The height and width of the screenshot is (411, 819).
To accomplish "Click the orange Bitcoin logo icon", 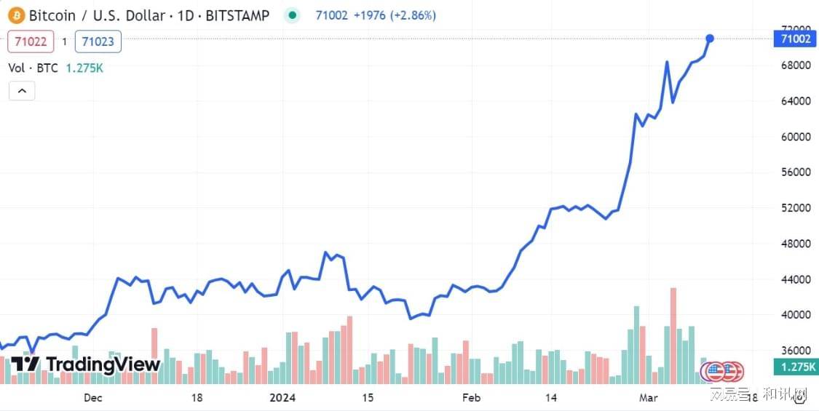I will tap(15, 15).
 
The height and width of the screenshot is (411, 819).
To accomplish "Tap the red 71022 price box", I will tap(31, 41).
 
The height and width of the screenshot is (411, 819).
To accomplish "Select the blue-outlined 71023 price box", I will tap(98, 41).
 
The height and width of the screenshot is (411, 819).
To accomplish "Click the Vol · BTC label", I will tap(33, 68).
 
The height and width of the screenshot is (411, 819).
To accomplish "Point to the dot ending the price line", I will tap(710, 38).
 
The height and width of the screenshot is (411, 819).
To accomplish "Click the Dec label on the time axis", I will tap(92, 397).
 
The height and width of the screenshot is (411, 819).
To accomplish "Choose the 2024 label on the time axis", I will tap(282, 397).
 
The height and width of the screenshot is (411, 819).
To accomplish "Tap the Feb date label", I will tap(471, 397).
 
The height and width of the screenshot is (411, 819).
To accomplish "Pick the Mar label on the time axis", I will tap(648, 397).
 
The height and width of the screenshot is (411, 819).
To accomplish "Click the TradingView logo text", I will tap(103, 364).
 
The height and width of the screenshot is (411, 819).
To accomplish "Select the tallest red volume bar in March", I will tap(673, 335).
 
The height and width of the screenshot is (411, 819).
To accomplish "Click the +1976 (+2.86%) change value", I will tap(395, 15).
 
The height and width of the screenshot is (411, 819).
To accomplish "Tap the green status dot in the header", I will tap(293, 15).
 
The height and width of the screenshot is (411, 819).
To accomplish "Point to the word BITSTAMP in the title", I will tap(237, 15).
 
